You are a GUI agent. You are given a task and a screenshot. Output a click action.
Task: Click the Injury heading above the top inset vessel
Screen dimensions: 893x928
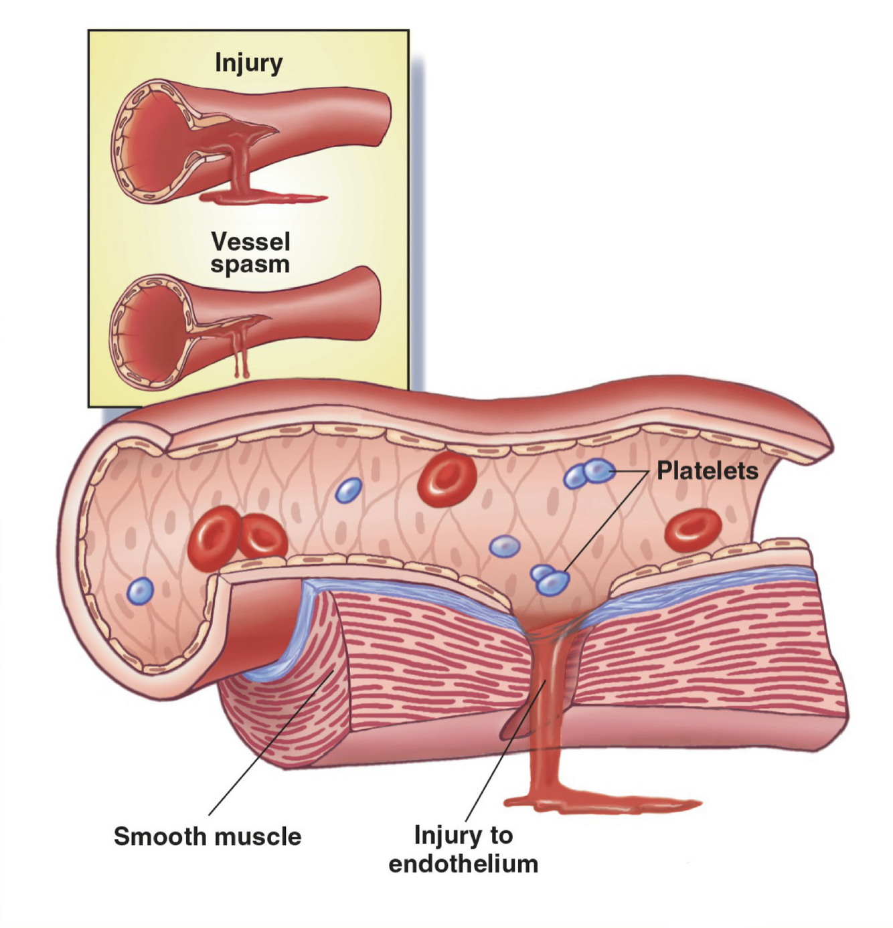click(248, 63)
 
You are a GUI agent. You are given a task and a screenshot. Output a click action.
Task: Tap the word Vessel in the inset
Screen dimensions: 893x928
click(250, 242)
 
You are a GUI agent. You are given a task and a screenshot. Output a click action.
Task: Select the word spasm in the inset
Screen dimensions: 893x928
click(250, 264)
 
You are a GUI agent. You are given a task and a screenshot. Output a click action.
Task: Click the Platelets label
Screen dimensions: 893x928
click(707, 471)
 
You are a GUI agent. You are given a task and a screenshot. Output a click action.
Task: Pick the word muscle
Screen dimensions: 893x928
click(257, 836)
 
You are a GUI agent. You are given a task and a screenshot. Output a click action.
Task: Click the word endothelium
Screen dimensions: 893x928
click(463, 864)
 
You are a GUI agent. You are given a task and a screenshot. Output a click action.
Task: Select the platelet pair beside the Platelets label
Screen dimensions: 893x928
click(589, 473)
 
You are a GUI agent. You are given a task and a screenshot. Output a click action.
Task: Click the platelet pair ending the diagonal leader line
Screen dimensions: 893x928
click(550, 579)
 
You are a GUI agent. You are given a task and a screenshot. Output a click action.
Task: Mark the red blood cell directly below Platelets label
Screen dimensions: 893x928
click(692, 529)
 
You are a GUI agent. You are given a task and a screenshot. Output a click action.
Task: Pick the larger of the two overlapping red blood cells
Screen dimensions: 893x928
click(214, 537)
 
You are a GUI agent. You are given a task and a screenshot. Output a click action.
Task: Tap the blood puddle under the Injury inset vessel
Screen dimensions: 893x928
click(261, 197)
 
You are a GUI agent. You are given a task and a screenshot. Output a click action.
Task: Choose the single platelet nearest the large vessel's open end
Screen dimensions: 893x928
click(141, 591)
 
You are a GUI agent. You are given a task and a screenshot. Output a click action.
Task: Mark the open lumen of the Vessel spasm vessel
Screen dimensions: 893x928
click(147, 331)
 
